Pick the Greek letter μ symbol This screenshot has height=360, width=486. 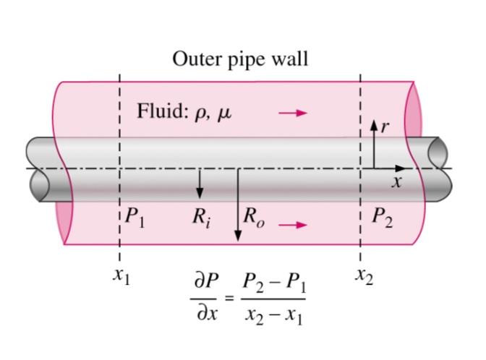(224, 114)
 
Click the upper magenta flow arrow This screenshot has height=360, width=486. (293, 113)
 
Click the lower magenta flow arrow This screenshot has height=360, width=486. (293, 225)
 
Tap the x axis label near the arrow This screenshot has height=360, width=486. (396, 183)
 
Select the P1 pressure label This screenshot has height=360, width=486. (135, 218)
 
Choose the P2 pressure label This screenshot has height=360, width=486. (383, 218)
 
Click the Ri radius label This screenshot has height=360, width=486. (201, 218)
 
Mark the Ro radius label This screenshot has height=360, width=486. (254, 218)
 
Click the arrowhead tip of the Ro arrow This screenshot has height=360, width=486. (237, 241)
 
